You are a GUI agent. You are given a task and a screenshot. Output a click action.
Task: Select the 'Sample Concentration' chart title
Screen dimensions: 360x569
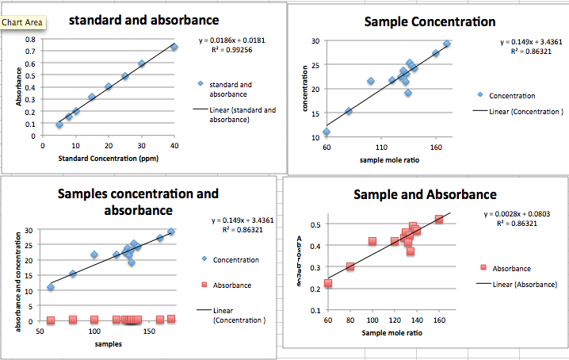coord(430,21)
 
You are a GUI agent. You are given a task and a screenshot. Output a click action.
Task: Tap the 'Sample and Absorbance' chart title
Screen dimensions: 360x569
coord(425,194)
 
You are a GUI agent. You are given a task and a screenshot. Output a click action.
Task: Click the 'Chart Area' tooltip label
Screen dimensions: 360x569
coord(23,22)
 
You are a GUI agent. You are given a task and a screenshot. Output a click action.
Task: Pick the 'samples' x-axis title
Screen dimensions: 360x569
coord(108,344)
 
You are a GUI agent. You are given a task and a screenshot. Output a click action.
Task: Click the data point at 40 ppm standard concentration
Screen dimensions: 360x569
coord(174,48)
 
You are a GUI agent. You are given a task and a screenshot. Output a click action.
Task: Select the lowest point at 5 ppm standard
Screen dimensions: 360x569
coord(59,124)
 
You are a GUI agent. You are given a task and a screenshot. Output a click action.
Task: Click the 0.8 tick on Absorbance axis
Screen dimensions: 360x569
coord(30,38)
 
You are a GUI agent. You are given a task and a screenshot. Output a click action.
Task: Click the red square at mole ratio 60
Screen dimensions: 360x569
coord(328,283)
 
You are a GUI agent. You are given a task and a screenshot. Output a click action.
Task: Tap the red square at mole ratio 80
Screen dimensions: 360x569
coord(350,267)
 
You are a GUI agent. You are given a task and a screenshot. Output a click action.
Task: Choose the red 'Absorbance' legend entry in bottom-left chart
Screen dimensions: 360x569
coord(232,285)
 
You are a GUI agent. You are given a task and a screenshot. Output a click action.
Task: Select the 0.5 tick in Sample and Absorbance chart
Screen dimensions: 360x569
coord(315,224)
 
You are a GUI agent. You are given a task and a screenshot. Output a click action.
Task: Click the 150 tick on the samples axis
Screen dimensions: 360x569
coord(147,331)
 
